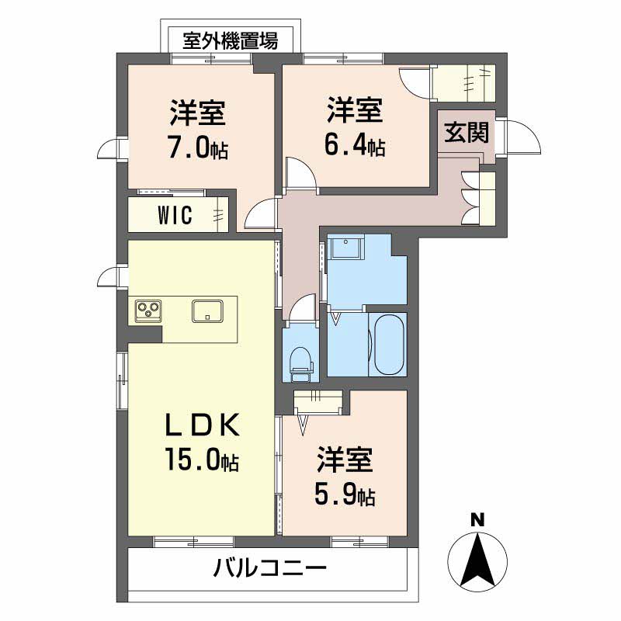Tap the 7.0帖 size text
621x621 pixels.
click(198, 148)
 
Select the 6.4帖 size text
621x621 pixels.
click(354, 145)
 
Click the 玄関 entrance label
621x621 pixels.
click(467, 134)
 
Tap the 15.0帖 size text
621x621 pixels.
click(199, 460)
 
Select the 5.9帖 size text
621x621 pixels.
click(345, 495)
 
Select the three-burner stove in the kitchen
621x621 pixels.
click(148, 311)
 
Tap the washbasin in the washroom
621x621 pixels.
click(344, 250)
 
